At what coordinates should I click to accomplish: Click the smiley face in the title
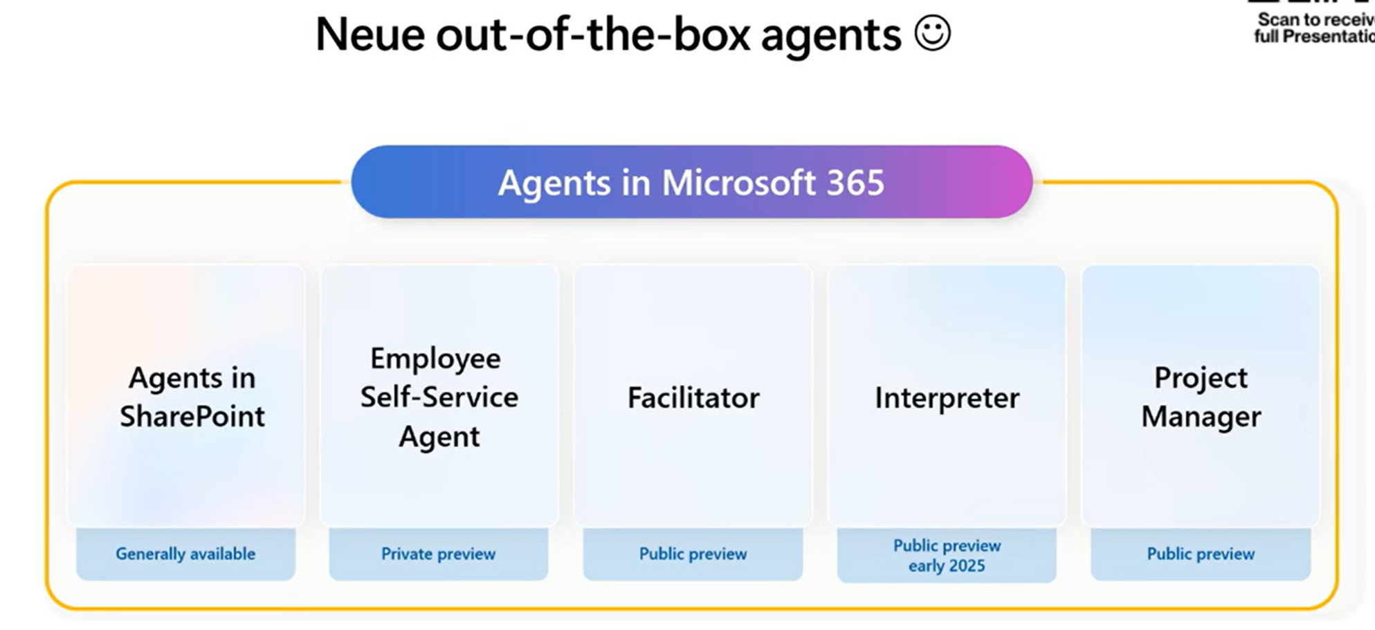932,34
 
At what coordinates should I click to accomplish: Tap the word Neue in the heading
370,35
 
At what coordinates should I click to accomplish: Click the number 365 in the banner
855,183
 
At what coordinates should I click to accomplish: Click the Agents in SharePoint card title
192,397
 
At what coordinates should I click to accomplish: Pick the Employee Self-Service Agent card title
439,397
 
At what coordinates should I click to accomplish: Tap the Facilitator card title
693,398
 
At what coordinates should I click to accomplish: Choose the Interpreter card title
947,398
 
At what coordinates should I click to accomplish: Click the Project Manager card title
1201,397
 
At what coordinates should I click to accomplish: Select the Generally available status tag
185,554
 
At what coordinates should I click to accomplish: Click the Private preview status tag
439,554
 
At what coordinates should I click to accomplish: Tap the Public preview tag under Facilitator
693,554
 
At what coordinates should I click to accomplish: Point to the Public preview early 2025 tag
947,555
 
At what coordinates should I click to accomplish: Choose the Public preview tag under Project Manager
1201,554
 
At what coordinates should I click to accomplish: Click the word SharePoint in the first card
192,416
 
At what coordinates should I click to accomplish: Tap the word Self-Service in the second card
439,397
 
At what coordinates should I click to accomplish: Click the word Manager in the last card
1201,417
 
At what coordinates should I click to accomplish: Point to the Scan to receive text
1315,20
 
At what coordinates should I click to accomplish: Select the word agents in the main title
831,35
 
